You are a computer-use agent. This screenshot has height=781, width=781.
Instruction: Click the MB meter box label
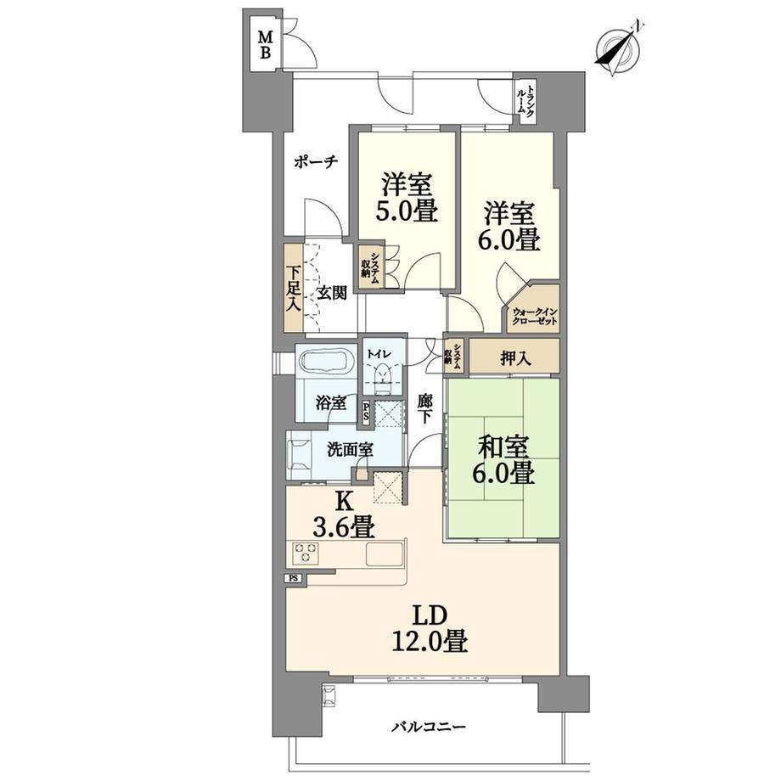point(266,44)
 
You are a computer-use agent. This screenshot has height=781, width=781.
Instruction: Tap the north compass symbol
point(619,49)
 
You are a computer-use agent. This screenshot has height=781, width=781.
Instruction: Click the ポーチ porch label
point(316,161)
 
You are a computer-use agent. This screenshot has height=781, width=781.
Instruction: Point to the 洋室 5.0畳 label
point(406,196)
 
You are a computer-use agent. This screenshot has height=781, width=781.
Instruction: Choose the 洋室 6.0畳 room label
point(508,226)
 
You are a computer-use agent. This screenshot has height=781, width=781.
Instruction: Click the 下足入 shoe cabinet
point(294,289)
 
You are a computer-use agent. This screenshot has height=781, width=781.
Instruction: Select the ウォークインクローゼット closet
point(534,309)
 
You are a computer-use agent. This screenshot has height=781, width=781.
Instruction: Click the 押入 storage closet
point(514,357)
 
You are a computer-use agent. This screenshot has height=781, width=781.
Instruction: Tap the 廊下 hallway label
point(424,408)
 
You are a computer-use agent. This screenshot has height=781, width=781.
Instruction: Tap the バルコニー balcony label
point(428,727)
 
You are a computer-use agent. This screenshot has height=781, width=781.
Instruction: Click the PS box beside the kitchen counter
point(294,578)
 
